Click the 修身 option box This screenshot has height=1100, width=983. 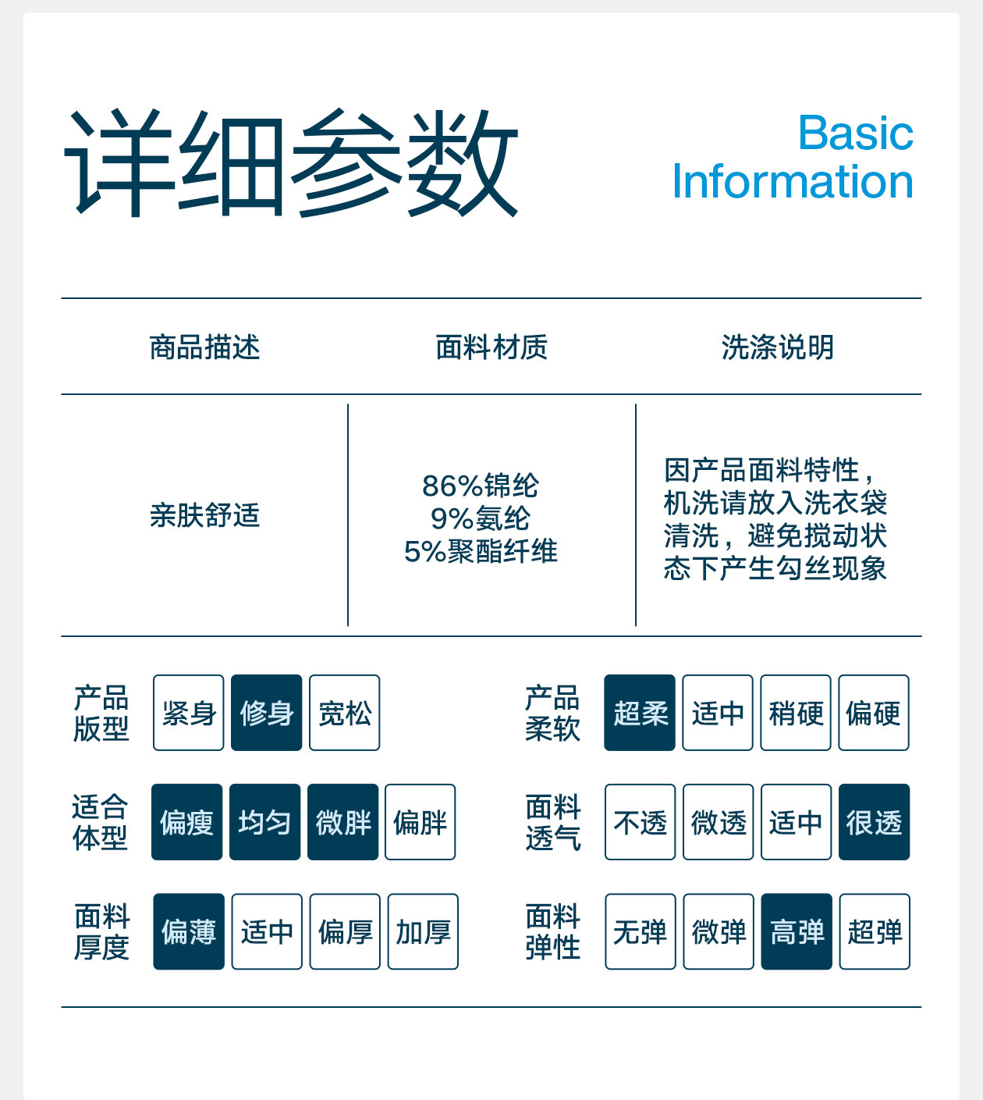266,713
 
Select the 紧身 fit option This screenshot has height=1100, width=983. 188,713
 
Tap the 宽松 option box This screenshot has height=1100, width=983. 344,713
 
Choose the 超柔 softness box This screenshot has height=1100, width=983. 640,713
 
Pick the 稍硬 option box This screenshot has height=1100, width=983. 796,713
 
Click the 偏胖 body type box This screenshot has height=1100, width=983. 420,822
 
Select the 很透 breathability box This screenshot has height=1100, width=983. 874,822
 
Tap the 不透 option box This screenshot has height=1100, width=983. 640,822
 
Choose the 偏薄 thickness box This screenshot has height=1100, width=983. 188,931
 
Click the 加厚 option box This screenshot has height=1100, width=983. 423,931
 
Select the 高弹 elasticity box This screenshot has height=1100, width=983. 797,931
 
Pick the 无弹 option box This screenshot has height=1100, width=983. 640,931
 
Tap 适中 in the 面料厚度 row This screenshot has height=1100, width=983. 266,931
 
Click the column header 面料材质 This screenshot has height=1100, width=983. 491,347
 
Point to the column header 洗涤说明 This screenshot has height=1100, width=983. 778,347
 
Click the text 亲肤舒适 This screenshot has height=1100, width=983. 204,515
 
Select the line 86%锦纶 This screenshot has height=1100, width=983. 481,486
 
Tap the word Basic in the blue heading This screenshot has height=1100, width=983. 855,133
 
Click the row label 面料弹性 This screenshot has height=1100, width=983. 552,931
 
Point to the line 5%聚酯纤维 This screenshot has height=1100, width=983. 481,551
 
